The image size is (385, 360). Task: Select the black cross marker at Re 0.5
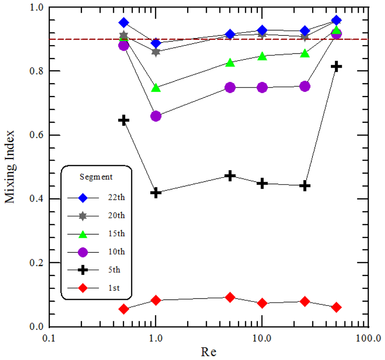(124, 120)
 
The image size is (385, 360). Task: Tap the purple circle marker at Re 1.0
(156, 116)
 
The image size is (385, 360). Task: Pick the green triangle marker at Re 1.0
(156, 88)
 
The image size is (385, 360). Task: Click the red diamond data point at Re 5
(230, 298)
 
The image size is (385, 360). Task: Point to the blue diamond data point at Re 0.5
(124, 23)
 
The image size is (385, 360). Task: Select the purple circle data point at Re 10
(262, 87)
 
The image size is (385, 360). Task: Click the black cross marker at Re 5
(230, 176)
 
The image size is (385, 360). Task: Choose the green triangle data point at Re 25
(305, 53)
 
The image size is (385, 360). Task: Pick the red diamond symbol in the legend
(83, 288)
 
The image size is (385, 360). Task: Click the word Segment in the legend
(96, 176)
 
